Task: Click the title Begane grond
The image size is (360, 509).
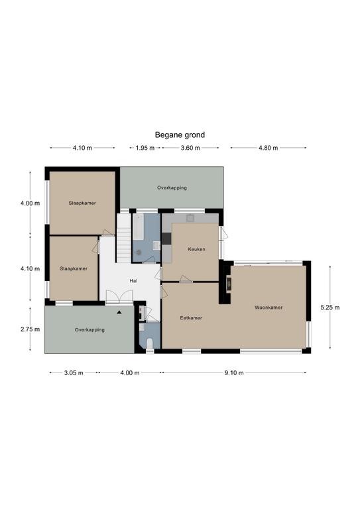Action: [180, 135]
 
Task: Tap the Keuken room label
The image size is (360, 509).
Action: [196, 249]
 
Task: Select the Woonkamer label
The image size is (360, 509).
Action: [269, 307]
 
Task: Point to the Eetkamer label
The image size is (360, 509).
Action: [191, 318]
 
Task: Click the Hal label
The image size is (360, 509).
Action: [133, 281]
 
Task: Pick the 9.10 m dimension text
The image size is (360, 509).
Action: [234, 372]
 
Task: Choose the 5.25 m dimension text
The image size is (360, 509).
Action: [330, 308]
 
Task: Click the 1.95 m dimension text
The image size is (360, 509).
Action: [145, 148]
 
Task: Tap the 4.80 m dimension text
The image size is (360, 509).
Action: [268, 148]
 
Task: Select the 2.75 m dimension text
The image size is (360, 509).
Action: [30, 329]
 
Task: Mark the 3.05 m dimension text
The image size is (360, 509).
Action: [74, 372]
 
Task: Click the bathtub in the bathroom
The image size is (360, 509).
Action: [138, 227]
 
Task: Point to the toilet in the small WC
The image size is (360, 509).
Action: [150, 344]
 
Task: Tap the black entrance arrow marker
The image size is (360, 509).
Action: [119, 312]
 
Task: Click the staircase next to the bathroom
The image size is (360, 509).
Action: [124, 238]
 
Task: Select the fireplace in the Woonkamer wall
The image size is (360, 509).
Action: [229, 284]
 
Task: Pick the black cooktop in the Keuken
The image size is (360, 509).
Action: [166, 239]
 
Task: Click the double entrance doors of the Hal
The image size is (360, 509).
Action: [119, 297]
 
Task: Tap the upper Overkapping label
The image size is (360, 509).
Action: [172, 188]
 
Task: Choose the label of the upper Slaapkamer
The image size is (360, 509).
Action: [82, 203]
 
